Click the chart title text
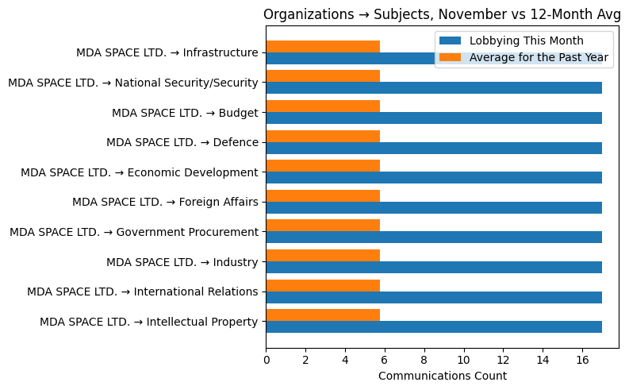pos(442,14)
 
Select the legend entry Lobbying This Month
pos(526,41)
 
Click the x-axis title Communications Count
pos(442,376)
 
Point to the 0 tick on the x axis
pos(267,359)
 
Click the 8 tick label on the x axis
pos(424,359)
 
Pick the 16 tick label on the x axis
pos(582,359)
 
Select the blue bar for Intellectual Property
pos(433,326)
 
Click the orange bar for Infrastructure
pos(323,46)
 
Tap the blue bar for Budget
pos(433,118)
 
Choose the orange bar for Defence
pos(323,136)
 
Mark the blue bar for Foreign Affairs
pos(433,207)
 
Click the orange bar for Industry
pos(323,255)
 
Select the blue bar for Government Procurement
pos(433,237)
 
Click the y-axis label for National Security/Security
pos(132,83)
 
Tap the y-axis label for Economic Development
pos(139,172)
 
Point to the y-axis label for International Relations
pos(142,292)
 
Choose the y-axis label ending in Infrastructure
pos(167,52)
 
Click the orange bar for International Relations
pos(323,285)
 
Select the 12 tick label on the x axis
pos(503,359)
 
